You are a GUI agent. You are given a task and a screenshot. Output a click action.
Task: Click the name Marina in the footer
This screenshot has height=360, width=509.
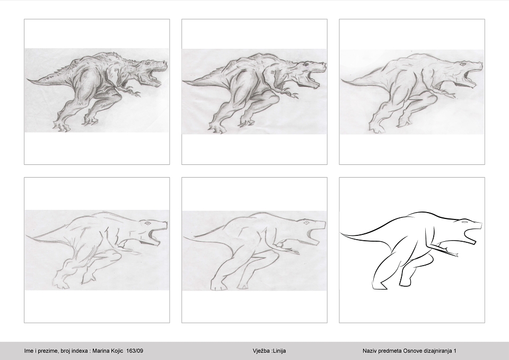(100, 351)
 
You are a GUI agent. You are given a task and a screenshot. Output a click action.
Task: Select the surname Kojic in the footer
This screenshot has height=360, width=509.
(116, 351)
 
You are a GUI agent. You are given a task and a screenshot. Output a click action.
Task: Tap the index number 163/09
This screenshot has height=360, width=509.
(135, 351)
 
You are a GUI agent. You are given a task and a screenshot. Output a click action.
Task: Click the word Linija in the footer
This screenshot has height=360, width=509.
(279, 351)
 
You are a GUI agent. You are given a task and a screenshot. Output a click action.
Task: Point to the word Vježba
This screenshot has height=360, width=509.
(261, 351)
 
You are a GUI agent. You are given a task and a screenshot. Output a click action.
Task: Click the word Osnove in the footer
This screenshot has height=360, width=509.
(411, 351)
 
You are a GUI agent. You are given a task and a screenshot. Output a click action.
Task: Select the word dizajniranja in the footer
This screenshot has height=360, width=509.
(436, 351)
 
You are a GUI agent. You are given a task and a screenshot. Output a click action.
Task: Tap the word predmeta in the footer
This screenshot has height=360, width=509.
(391, 351)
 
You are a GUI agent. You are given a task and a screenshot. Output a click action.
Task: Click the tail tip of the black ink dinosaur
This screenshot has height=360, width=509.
(340, 233)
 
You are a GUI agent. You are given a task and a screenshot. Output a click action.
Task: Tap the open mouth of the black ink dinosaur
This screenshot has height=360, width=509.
(471, 234)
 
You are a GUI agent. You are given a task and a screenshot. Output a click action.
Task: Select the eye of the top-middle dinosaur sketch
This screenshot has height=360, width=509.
(306, 65)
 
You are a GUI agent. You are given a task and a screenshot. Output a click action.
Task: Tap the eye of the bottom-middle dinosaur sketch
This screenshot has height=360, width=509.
(305, 223)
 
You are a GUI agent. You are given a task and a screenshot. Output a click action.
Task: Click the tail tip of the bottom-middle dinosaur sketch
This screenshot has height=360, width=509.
(184, 238)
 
